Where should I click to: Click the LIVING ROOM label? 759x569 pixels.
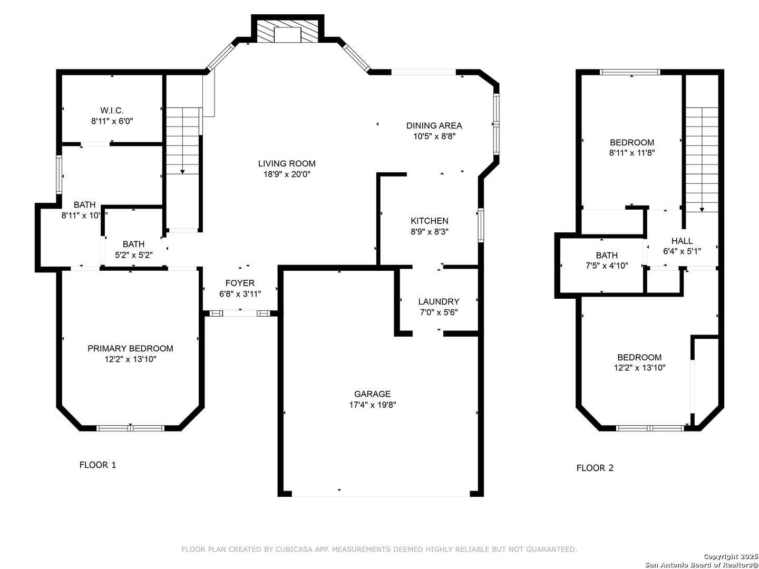pyautogui.click(x=287, y=163)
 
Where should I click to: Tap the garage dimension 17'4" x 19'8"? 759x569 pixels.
pyautogui.click(x=373, y=405)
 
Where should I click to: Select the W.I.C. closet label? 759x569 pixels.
pyautogui.click(x=112, y=111)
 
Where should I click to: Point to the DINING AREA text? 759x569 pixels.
pyautogui.click(x=434, y=125)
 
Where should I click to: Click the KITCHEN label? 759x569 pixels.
pyautogui.click(x=430, y=221)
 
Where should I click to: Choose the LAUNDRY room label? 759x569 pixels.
pyautogui.click(x=439, y=301)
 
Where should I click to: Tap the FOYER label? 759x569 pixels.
pyautogui.click(x=240, y=283)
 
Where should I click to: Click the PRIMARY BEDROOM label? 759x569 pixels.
pyautogui.click(x=130, y=349)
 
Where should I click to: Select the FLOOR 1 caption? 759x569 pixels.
pyautogui.click(x=98, y=465)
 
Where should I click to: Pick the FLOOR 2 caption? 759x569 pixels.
pyautogui.click(x=595, y=468)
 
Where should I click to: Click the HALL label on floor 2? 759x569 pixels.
pyautogui.click(x=682, y=241)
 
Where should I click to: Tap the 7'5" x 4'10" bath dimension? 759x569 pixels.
pyautogui.click(x=607, y=266)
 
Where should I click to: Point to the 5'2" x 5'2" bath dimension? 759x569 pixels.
pyautogui.click(x=134, y=255)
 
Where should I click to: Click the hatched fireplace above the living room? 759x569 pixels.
pyautogui.click(x=287, y=31)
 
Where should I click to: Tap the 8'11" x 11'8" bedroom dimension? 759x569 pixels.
pyautogui.click(x=632, y=153)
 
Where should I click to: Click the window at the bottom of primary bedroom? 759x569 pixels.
pyautogui.click(x=130, y=428)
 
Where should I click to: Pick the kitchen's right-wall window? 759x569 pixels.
pyautogui.click(x=481, y=225)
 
